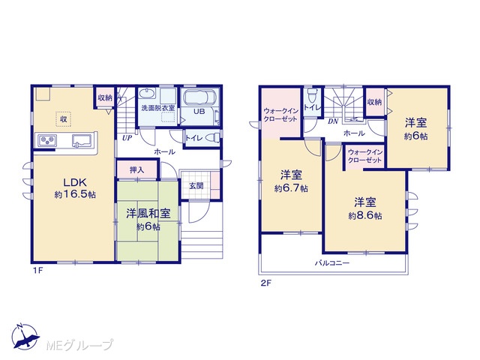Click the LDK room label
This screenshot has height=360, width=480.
[75, 182]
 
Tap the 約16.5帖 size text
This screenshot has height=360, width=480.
[75, 194]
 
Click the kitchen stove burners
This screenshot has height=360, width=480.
[47, 140]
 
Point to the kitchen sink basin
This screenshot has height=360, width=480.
[82, 141]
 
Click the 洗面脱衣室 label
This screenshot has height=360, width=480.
[158, 108]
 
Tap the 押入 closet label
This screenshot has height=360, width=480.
[136, 169]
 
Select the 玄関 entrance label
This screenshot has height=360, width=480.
[196, 186]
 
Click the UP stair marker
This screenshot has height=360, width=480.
[127, 138]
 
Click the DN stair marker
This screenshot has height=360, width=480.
[333, 121]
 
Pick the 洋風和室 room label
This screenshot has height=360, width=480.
[148, 214]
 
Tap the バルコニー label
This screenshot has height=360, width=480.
[332, 263]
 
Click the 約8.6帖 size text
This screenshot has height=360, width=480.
[365, 216]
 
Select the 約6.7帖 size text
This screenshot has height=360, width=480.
[291, 188]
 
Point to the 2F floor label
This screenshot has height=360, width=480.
[265, 283]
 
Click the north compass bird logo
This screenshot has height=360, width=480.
[25, 337]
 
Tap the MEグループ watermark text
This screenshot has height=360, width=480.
[79, 345]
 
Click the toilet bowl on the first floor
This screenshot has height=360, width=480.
[212, 138]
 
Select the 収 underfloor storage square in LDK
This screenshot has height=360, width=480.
[63, 118]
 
